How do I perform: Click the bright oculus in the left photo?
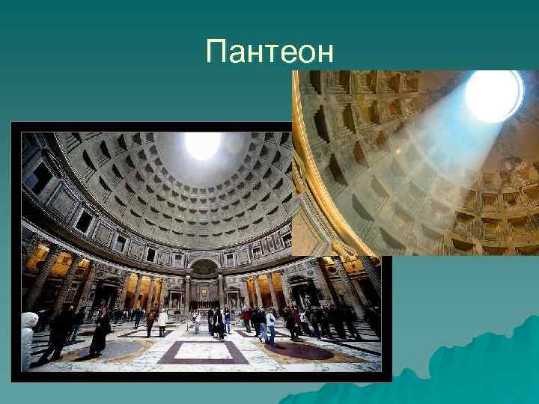coord(203,145)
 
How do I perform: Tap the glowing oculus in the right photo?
coord(493,95)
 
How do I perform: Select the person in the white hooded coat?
coord(28,337)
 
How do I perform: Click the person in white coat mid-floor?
coord(162,322)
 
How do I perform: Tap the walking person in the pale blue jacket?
coord(270,326)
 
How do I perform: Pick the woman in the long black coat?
coord(100,333)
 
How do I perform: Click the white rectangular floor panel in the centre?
coord(203,349)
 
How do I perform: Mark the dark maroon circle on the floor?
coord(299,350)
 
